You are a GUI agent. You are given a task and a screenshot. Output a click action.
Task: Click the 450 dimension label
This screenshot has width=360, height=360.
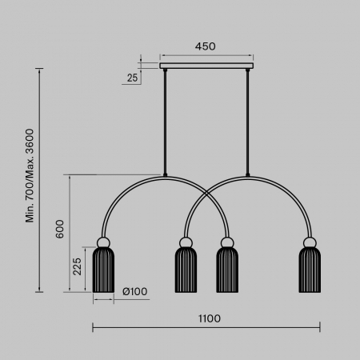click(x=206, y=46)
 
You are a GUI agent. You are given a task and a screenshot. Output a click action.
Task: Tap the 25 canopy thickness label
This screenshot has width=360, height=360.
click(x=131, y=77)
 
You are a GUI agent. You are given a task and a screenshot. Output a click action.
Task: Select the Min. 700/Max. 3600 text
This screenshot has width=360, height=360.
click(x=30, y=176)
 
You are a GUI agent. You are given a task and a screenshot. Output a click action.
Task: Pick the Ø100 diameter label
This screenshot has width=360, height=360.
click(x=135, y=291)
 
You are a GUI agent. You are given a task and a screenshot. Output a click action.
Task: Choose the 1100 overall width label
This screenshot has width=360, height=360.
click(x=207, y=318)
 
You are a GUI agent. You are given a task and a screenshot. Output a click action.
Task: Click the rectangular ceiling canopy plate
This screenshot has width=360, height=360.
click(x=206, y=66)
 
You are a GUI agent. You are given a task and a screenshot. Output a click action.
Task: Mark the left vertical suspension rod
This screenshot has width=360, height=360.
click(x=165, y=120)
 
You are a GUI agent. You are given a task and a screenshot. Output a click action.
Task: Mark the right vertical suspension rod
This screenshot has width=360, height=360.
click(x=249, y=120)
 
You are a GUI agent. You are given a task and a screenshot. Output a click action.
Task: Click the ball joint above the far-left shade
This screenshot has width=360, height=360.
click(x=104, y=242)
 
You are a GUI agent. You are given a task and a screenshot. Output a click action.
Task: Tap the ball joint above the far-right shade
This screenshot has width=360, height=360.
click(x=309, y=242)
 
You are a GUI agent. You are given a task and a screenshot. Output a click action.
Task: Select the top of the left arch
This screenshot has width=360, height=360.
click(x=165, y=175)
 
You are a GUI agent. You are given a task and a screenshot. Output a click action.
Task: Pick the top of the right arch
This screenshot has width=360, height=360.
click(x=249, y=175)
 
